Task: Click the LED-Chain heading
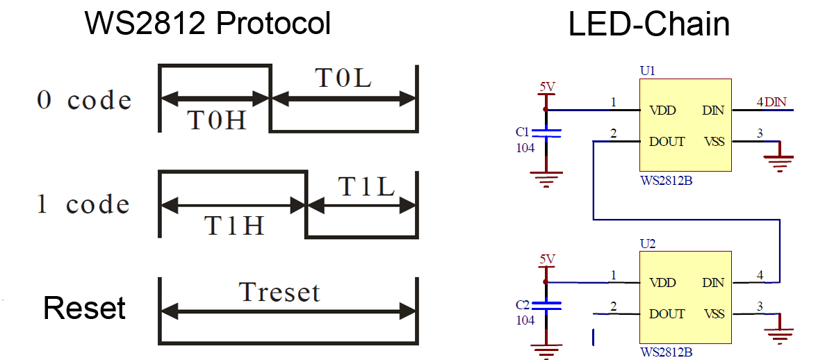[648, 24]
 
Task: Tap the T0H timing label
[217, 121]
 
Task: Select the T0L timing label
[343, 79]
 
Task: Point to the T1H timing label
[234, 224]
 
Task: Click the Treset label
[279, 292]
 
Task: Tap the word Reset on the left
[84, 307]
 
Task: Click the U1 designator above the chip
[647, 71]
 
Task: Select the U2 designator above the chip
[647, 244]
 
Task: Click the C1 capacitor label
[523, 131]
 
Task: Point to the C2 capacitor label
[523, 304]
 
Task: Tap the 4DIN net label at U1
[771, 103]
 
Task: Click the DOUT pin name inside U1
[667, 142]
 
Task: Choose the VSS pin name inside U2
[713, 314]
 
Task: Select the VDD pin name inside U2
[662, 283]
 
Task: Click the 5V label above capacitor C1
[548, 87]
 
